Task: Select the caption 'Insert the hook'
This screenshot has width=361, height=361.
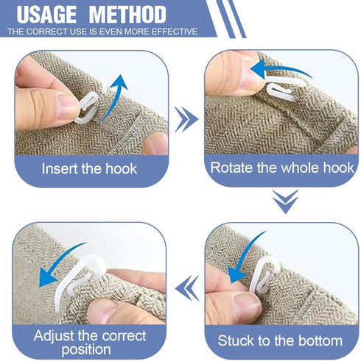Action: click(89, 168)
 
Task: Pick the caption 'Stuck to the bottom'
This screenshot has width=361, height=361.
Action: click(279, 340)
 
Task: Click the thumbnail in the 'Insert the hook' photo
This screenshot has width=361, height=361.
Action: click(65, 107)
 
